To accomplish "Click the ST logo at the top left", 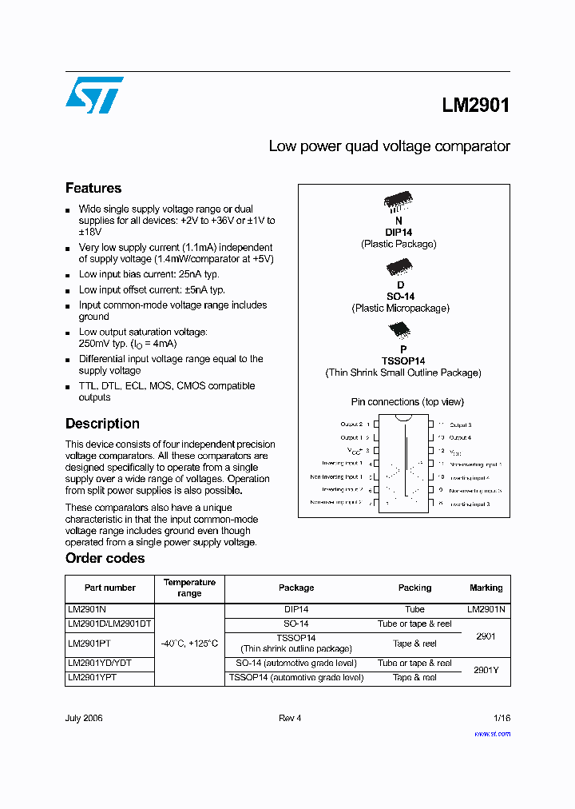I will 94,95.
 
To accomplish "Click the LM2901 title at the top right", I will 475,106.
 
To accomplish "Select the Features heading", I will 93,189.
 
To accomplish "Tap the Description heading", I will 102,424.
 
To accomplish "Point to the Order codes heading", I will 105,558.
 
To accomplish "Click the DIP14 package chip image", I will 399,200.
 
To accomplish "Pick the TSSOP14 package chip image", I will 399,330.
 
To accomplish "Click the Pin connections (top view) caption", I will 407,401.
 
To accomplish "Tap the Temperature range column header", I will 189,588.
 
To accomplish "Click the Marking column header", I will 486,588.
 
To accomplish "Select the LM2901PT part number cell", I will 89,644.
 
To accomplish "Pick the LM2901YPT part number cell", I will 92,677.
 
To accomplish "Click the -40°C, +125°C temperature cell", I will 189,644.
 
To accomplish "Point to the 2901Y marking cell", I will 486,671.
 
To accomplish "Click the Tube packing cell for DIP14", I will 414,609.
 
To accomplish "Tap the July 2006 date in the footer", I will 84,718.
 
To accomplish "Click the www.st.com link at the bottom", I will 492,733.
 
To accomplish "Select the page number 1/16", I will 501,718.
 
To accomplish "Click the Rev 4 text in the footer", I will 290,718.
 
